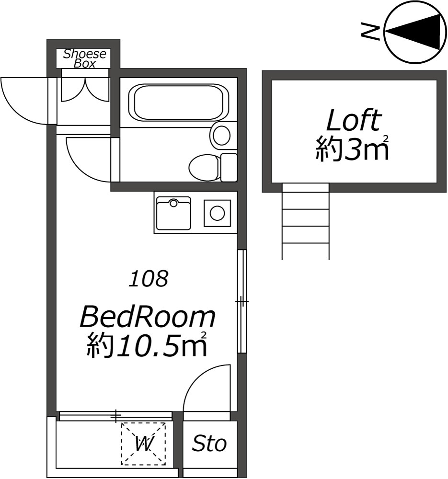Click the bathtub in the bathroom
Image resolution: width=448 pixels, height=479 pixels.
178,102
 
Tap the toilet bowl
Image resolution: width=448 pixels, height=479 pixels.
204,167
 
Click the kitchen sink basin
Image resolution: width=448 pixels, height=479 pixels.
173,213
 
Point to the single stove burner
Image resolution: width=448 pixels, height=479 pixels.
217,213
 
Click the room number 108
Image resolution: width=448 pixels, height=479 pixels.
149,278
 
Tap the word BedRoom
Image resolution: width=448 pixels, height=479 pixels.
148,318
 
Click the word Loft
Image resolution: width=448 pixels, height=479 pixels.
354,120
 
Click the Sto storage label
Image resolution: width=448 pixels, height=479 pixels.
209,444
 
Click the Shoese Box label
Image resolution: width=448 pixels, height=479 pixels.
85,58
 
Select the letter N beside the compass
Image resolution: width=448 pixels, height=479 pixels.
370,31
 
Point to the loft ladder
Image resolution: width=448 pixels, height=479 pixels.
306,221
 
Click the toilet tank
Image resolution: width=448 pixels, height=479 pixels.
229,167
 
